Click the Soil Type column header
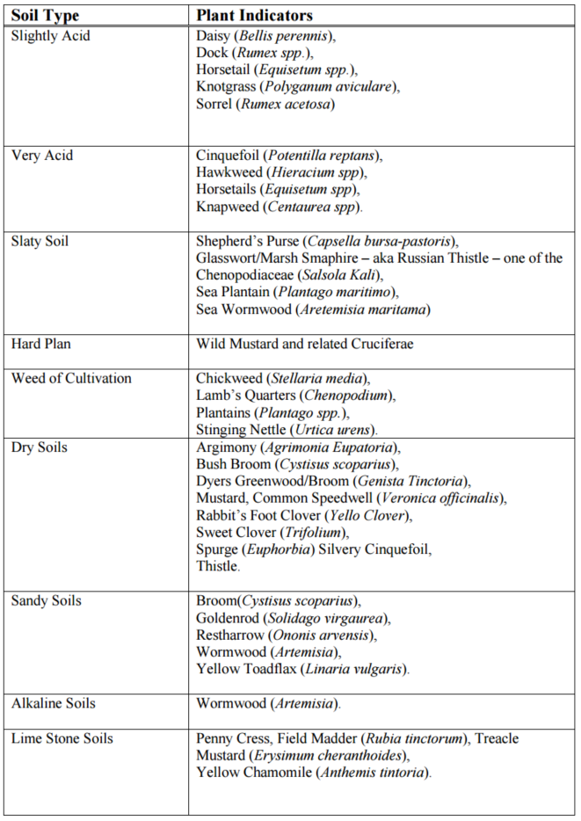(x=45, y=16)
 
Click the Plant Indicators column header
(x=254, y=16)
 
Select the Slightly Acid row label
(x=50, y=36)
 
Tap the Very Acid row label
(x=42, y=156)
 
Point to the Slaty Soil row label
(x=40, y=241)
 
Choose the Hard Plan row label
(x=41, y=344)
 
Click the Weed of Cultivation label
(x=71, y=378)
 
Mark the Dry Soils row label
(x=40, y=447)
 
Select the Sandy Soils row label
(x=47, y=600)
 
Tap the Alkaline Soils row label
(x=54, y=703)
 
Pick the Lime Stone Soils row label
(x=62, y=738)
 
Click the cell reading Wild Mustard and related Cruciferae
(x=304, y=344)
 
